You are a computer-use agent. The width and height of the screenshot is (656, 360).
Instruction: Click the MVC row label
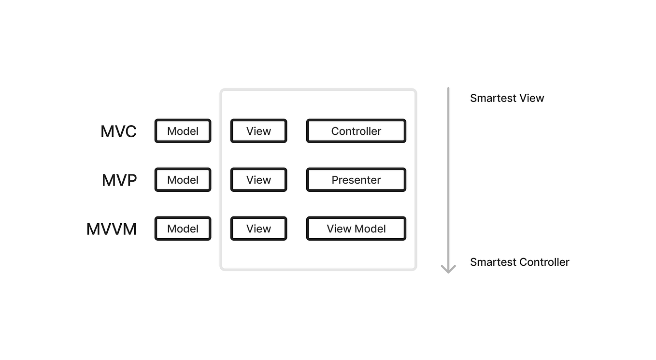pyautogui.click(x=118, y=131)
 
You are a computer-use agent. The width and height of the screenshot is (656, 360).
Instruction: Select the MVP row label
pyautogui.click(x=119, y=180)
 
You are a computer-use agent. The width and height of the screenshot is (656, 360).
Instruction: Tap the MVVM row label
pyautogui.click(x=112, y=229)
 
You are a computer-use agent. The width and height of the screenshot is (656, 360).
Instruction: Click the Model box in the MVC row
pyautogui.click(x=183, y=131)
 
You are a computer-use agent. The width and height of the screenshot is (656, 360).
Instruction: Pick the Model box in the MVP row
pyautogui.click(x=183, y=180)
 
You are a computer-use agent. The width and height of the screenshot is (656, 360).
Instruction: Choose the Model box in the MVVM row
pyautogui.click(x=183, y=229)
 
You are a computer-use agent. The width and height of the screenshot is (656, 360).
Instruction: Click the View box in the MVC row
pyautogui.click(x=258, y=131)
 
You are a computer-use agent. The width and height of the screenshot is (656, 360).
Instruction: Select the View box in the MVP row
pyautogui.click(x=258, y=180)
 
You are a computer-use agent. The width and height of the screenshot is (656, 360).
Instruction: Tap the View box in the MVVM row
pyautogui.click(x=258, y=229)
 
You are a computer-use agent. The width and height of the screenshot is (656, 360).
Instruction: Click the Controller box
pyautogui.click(x=356, y=131)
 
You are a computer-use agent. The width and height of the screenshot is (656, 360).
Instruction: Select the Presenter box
pyautogui.click(x=356, y=180)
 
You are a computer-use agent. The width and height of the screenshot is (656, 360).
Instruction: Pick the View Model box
pyautogui.click(x=356, y=229)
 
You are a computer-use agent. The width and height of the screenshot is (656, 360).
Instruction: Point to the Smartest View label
pyautogui.click(x=507, y=98)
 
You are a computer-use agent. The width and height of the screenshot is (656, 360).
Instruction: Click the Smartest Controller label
pyautogui.click(x=519, y=262)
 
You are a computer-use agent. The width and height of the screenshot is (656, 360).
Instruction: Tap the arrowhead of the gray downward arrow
pyautogui.click(x=448, y=269)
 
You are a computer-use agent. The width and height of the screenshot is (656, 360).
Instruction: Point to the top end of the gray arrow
pyautogui.click(x=448, y=89)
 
